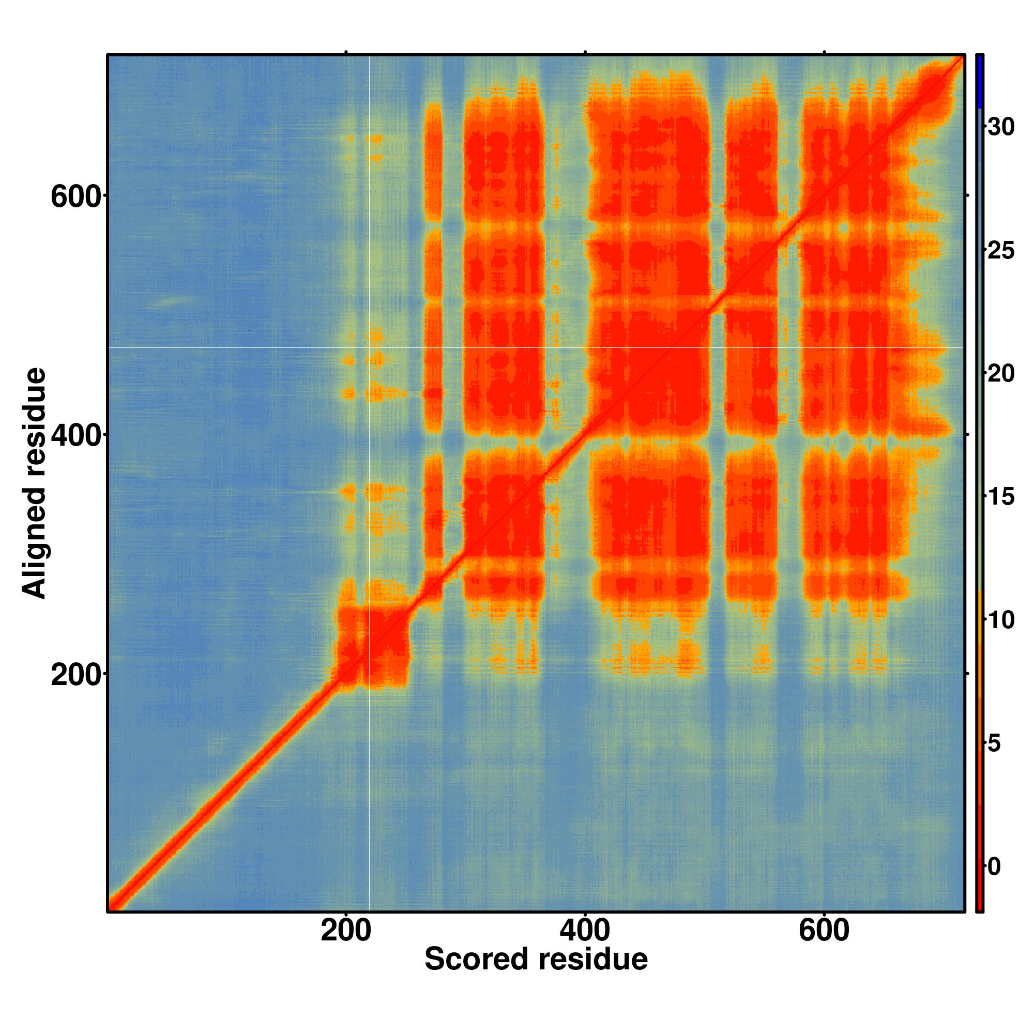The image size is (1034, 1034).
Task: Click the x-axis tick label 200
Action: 346,931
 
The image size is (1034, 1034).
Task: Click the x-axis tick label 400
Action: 584,931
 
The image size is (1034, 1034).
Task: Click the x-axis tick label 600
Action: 824,931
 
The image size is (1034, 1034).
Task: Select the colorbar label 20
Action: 1000,374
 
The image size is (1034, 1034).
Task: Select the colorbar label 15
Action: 1000,497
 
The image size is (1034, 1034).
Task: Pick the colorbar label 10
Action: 1000,620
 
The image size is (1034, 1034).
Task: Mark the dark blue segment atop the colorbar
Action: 979,81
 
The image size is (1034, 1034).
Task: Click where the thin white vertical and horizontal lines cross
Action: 370,347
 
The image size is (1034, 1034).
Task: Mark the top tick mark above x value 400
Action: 585,52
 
